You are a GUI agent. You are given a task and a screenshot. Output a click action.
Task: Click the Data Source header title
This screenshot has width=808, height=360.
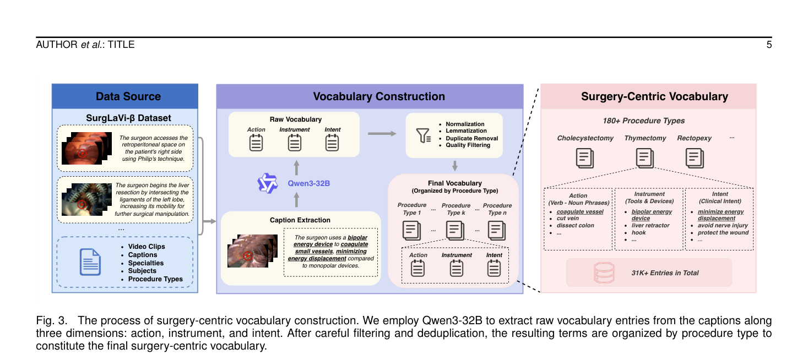pos(128,96)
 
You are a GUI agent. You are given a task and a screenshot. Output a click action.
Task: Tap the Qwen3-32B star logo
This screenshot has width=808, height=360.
pos(267,183)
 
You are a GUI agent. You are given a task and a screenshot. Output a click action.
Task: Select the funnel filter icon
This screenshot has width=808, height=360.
pos(423,135)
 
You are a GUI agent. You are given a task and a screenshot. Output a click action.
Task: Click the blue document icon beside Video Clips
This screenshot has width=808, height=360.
pos(90,262)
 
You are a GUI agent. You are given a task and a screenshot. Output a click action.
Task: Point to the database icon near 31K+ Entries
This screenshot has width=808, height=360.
pos(604,273)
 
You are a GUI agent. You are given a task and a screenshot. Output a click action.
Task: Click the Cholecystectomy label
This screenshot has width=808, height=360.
pos(585,138)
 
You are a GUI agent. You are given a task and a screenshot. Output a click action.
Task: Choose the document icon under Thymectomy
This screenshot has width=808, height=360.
pos(644,158)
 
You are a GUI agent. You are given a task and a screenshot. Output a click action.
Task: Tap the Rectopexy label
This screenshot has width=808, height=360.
pos(694,138)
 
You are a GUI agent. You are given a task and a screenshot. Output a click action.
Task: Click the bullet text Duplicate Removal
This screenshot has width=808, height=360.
pos(472,138)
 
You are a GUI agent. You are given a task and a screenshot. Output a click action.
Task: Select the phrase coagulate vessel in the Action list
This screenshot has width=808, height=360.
pos(579,211)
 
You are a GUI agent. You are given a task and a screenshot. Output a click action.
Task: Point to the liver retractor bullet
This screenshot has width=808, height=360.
pos(650,225)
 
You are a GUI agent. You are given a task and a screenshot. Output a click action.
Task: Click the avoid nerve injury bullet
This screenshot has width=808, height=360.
pos(723,225)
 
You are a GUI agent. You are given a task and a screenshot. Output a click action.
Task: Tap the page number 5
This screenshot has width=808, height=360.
pos(769,45)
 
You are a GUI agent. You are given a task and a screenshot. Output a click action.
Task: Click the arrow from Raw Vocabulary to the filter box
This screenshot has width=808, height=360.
pos(382,134)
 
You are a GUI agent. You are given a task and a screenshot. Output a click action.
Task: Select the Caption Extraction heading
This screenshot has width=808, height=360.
pos(300,220)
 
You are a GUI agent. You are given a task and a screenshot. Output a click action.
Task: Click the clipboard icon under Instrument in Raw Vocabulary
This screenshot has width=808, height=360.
pos(294,143)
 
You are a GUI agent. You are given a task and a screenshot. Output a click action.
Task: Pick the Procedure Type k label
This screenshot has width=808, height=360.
pos(456,209)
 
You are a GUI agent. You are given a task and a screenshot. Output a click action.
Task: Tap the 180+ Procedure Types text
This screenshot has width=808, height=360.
pos(643,121)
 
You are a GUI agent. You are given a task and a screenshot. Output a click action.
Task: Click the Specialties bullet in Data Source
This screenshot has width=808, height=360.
pos(146,263)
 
